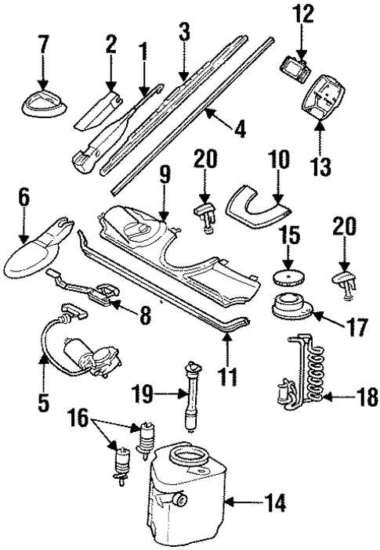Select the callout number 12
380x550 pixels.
pyautogui.click(x=301, y=13)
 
